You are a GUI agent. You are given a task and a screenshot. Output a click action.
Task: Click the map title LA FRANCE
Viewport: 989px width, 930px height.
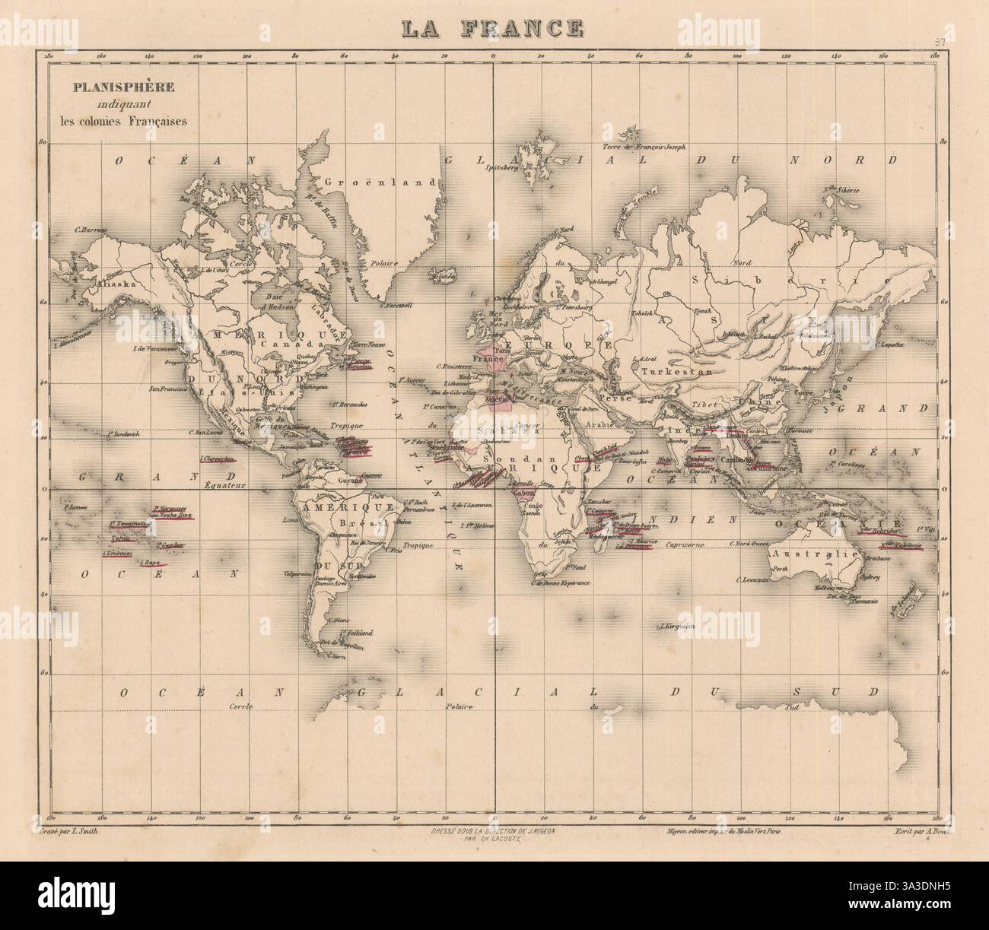point(493,27)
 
